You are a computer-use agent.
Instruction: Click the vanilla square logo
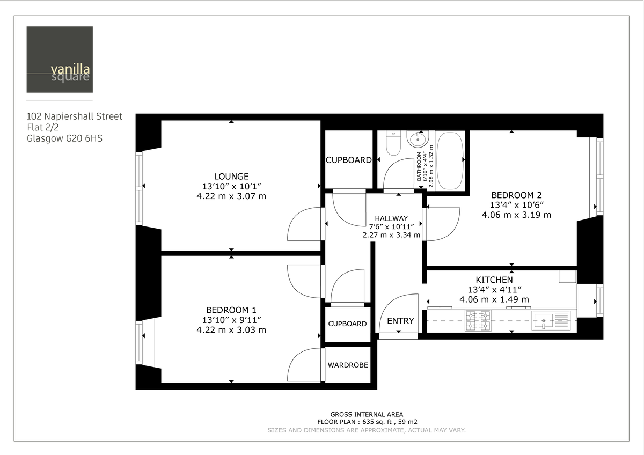pyautogui.click(x=59, y=60)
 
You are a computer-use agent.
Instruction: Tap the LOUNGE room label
pyautogui.click(x=231, y=176)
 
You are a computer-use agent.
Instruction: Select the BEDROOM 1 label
pyautogui.click(x=231, y=310)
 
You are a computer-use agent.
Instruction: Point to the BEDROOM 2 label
pyautogui.click(x=512, y=195)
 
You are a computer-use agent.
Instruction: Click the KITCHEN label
pyautogui.click(x=494, y=280)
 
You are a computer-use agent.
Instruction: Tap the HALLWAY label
pyautogui.click(x=391, y=218)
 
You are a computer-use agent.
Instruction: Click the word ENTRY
pyautogui.click(x=400, y=321)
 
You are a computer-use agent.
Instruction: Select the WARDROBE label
pyautogui.click(x=348, y=365)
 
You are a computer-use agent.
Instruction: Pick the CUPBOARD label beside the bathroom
pyautogui.click(x=349, y=160)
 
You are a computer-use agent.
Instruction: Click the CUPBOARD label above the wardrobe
pyautogui.click(x=348, y=324)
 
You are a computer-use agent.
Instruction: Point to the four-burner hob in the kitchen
pyautogui.click(x=478, y=320)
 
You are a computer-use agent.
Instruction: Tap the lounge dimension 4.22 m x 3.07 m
pyautogui.click(x=231, y=196)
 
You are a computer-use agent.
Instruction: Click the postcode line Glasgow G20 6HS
pyautogui.click(x=65, y=138)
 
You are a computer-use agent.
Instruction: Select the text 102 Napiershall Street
pyautogui.click(x=75, y=116)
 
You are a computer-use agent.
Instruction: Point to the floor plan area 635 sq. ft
pyautogui.click(x=367, y=422)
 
